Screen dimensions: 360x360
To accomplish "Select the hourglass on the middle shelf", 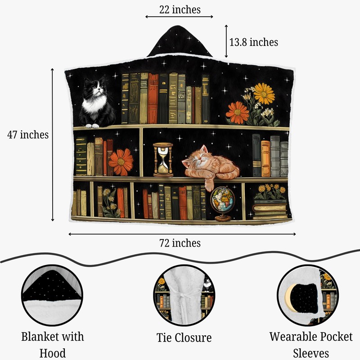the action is [x=162, y=159].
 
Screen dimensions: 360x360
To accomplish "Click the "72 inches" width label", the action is [x=180, y=243].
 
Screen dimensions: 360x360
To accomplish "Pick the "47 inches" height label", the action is [x=28, y=135].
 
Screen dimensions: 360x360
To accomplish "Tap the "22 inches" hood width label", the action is [x=180, y=9].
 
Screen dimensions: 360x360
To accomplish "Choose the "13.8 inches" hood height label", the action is [x=254, y=42].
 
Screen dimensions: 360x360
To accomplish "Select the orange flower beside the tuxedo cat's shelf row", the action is [x=237, y=112].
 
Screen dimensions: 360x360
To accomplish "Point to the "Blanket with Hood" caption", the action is [x=52, y=344].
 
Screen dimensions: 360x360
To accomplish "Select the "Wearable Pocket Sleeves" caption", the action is [x=311, y=344].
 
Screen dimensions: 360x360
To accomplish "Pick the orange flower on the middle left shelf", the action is [x=121, y=162].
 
